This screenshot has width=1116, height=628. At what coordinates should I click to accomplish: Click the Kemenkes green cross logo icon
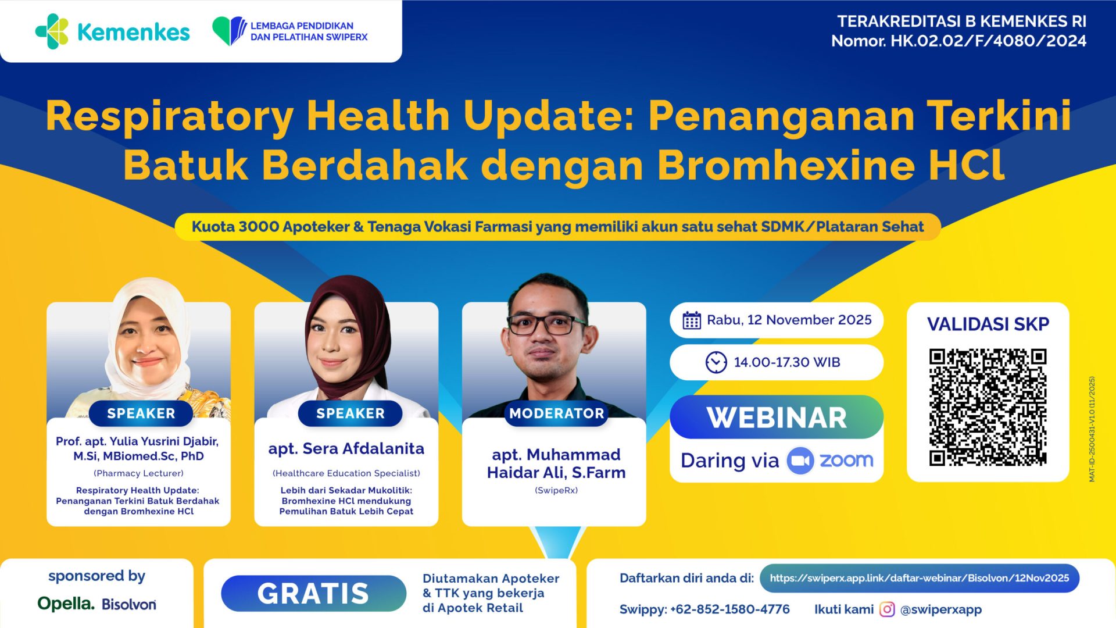point(52,31)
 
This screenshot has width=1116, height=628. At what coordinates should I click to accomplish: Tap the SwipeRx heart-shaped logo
point(229,31)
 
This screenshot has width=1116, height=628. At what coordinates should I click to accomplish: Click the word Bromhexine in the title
point(786,166)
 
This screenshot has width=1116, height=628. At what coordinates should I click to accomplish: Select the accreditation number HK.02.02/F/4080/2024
point(988,41)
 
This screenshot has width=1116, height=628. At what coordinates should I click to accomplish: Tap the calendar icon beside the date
point(692,320)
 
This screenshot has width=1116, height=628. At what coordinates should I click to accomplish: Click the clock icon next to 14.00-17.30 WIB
point(716,362)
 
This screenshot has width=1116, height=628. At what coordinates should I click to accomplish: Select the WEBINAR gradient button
point(777,418)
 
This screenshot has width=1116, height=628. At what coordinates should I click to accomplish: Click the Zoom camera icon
point(800,461)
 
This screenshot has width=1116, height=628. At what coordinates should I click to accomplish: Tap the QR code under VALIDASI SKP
point(988,407)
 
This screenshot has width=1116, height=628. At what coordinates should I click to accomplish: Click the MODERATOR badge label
point(556,413)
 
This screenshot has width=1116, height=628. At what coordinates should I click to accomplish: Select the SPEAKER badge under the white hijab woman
point(141,413)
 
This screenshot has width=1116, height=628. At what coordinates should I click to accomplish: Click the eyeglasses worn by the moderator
point(546,324)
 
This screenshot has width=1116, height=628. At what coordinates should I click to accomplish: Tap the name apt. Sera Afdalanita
point(346,449)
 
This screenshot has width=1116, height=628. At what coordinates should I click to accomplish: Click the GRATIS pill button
point(313,594)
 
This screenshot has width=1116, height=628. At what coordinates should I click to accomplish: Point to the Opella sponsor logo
point(66,604)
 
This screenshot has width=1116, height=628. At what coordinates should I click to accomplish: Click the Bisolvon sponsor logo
point(129,605)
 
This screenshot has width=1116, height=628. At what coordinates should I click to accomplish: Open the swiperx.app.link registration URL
point(919,579)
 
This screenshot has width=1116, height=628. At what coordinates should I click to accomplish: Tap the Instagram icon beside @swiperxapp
point(887,609)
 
